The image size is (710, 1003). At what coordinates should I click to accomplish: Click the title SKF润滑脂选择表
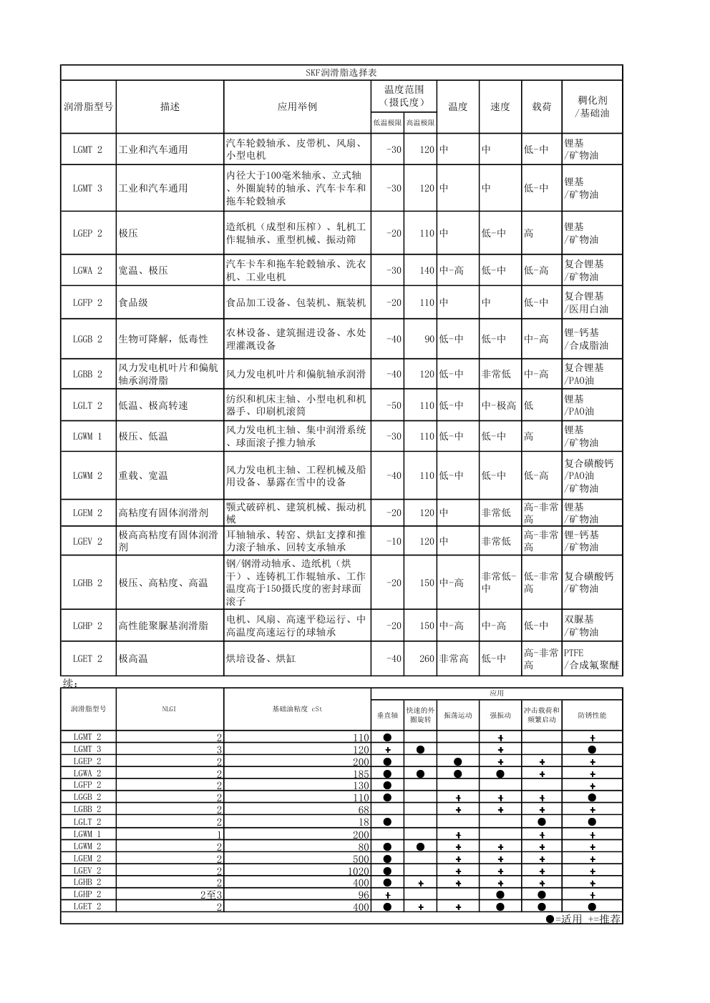[341, 73]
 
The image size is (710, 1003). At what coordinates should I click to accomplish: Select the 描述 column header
[170, 107]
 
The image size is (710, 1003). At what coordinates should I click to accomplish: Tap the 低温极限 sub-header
[387, 122]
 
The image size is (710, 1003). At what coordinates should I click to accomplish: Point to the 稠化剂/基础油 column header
[592, 107]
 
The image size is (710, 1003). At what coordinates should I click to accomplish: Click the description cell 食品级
[134, 302]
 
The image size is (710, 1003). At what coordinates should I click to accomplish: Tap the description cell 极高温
[134, 658]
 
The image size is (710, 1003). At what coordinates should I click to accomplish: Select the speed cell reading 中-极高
[499, 405]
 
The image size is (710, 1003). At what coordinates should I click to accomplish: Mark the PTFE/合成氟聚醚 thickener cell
[591, 658]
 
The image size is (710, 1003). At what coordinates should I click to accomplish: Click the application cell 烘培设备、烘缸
[261, 658]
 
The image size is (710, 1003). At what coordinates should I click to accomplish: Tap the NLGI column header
[170, 709]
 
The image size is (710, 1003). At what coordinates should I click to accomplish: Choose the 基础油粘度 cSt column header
[297, 709]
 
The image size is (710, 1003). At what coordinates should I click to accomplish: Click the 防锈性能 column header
[592, 715]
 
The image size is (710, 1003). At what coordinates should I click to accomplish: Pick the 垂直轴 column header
[387, 715]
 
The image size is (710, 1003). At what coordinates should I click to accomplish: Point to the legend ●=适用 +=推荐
[583, 919]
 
